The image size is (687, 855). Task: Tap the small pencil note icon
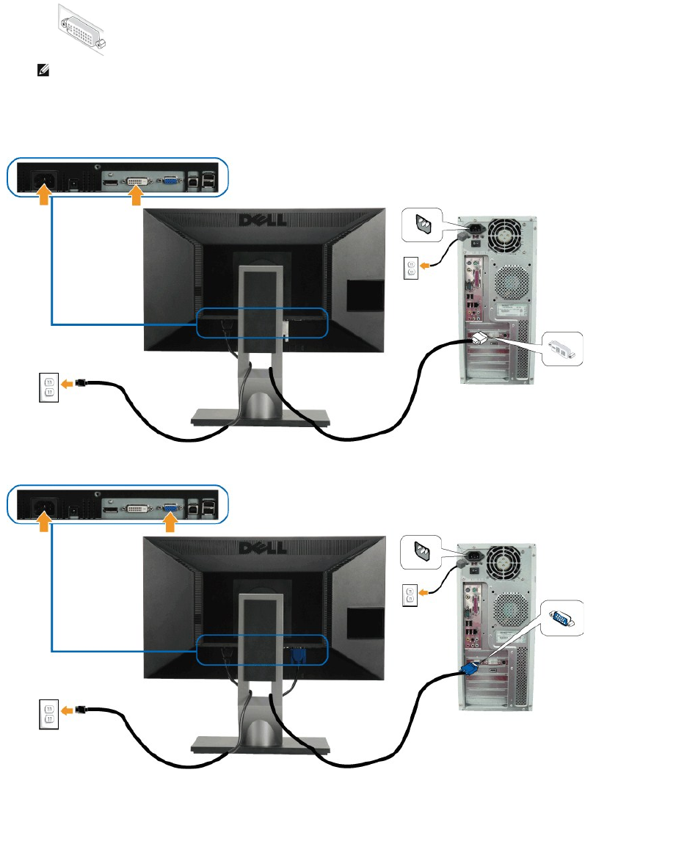[x=43, y=71]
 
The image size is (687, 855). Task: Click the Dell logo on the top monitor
[x=265, y=219]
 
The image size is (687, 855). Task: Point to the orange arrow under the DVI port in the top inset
[x=135, y=196]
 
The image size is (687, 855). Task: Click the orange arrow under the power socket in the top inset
[x=45, y=196]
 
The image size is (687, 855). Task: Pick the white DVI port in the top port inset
[x=136, y=178]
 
